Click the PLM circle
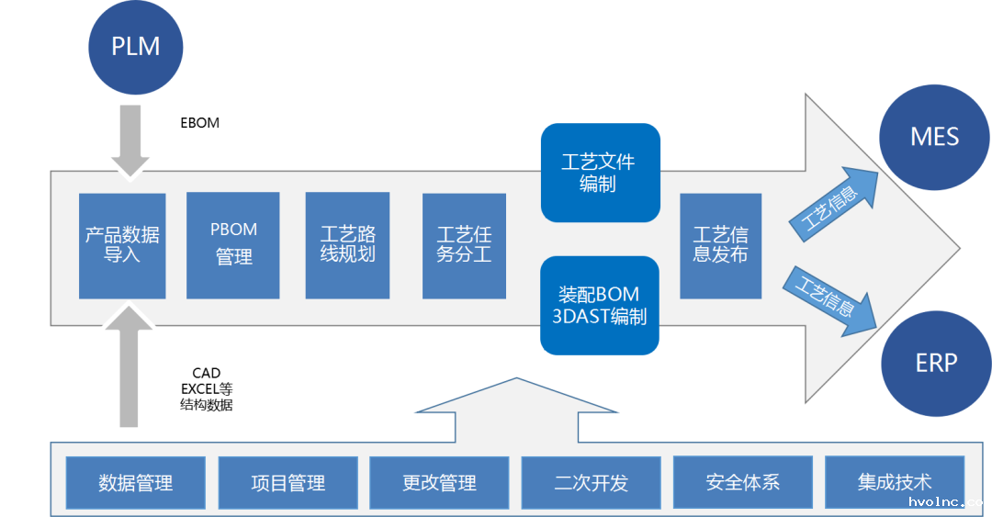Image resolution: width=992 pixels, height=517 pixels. click(136, 47)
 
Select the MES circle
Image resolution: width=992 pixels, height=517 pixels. click(934, 138)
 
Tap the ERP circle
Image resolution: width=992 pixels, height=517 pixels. click(935, 363)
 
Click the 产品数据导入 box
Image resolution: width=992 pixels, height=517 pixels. click(122, 245)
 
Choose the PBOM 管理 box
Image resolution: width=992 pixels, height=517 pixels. click(233, 245)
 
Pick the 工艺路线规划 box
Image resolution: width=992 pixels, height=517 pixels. click(347, 245)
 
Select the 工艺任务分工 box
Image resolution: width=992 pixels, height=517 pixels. click(464, 245)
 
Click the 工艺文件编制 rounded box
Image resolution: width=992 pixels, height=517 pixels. click(600, 173)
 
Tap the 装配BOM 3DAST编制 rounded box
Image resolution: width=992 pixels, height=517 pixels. click(600, 306)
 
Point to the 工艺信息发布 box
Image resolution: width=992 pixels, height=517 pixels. click(720, 245)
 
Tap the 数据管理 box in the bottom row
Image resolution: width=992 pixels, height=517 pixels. click(136, 482)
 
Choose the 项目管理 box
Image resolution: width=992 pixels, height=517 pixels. click(287, 482)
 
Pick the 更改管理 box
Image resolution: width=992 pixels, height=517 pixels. click(439, 482)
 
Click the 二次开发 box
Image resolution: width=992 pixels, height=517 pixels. click(591, 482)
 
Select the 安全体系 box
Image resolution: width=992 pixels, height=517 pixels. click(742, 482)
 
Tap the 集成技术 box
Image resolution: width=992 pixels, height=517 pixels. click(894, 482)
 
